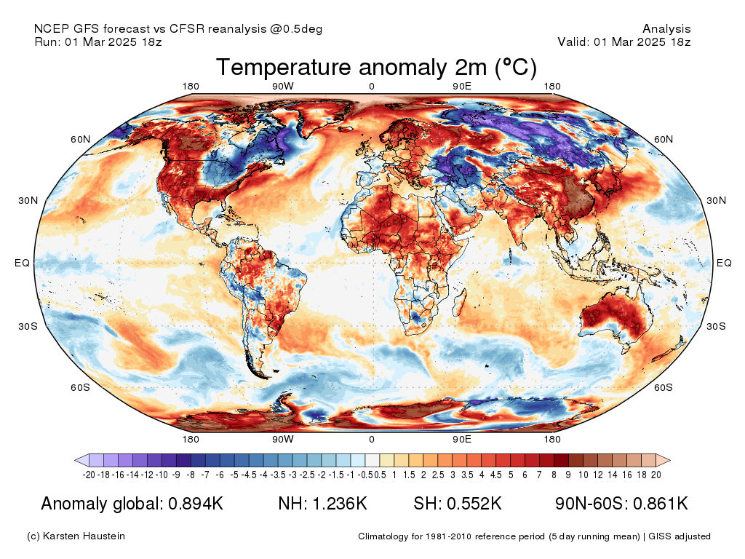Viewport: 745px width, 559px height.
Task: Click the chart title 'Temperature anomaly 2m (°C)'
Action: click(x=376, y=67)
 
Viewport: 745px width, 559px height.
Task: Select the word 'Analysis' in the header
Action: click(x=666, y=29)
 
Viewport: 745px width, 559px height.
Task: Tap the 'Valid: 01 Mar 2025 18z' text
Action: click(x=624, y=41)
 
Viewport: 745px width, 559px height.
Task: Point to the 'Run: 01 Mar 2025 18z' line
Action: click(x=98, y=41)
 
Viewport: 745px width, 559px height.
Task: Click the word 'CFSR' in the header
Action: click(x=187, y=28)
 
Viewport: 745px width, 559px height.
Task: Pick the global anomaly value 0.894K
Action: click(x=196, y=503)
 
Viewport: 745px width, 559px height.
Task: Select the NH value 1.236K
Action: click(x=340, y=503)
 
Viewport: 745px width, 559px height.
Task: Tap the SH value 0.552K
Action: click(x=474, y=503)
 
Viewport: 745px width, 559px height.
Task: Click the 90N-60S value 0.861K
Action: click(x=661, y=503)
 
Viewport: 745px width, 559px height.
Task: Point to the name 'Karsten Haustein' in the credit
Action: click(x=84, y=536)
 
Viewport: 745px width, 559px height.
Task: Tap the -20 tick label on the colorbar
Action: click(x=89, y=475)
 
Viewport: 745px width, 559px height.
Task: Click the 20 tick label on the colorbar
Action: click(x=656, y=475)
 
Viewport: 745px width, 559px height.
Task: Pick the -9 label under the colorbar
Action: click(x=176, y=475)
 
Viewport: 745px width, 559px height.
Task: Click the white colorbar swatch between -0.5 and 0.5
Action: click(x=372, y=460)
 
